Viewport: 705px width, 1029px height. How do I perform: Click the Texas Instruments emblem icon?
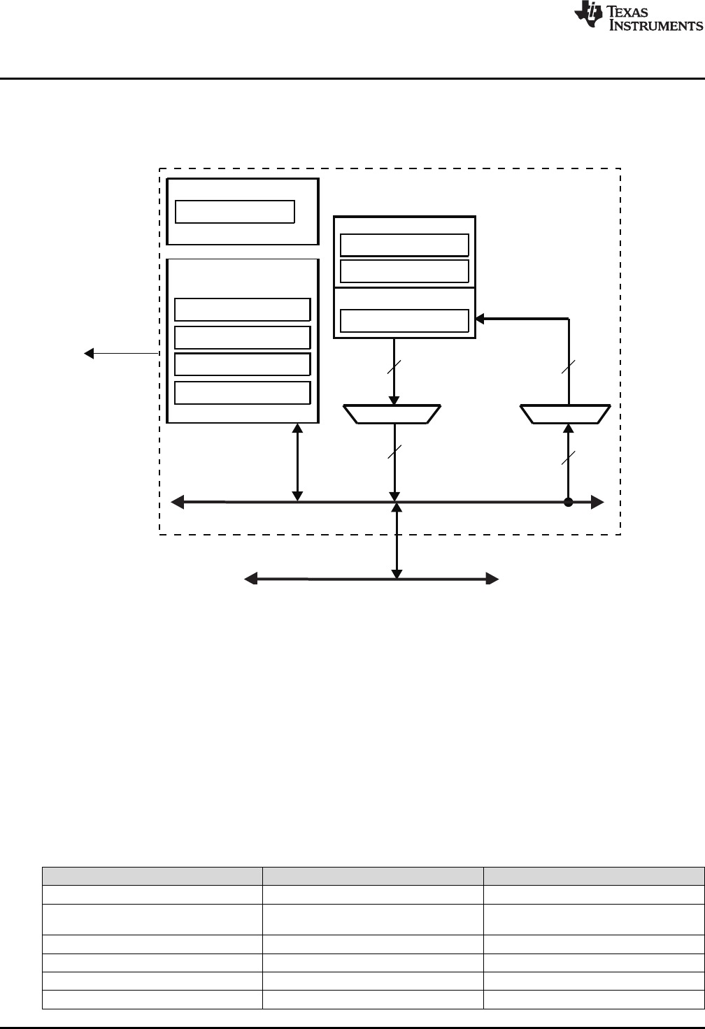[587, 16]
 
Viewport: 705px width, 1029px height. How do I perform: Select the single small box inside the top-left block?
[234, 211]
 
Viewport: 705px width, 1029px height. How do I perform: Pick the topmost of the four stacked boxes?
[242, 309]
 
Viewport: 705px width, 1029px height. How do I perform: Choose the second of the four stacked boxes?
[242, 337]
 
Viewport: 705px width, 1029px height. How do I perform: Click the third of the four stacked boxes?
[242, 365]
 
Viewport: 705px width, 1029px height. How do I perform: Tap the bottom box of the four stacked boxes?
[242, 393]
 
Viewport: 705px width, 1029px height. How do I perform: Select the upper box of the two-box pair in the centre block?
[404, 245]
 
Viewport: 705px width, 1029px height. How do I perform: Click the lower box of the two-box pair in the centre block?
[404, 271]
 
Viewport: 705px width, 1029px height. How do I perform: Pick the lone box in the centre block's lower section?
[404, 320]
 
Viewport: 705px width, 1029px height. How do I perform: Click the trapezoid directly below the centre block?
[393, 414]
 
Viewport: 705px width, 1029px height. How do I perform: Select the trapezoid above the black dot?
[567, 414]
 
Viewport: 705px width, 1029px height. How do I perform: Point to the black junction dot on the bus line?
[568, 502]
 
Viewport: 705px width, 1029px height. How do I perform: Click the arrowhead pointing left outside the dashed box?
[89, 354]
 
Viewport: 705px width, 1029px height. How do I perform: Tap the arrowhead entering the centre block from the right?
[480, 319]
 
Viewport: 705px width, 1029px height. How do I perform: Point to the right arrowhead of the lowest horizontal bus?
[492, 579]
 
